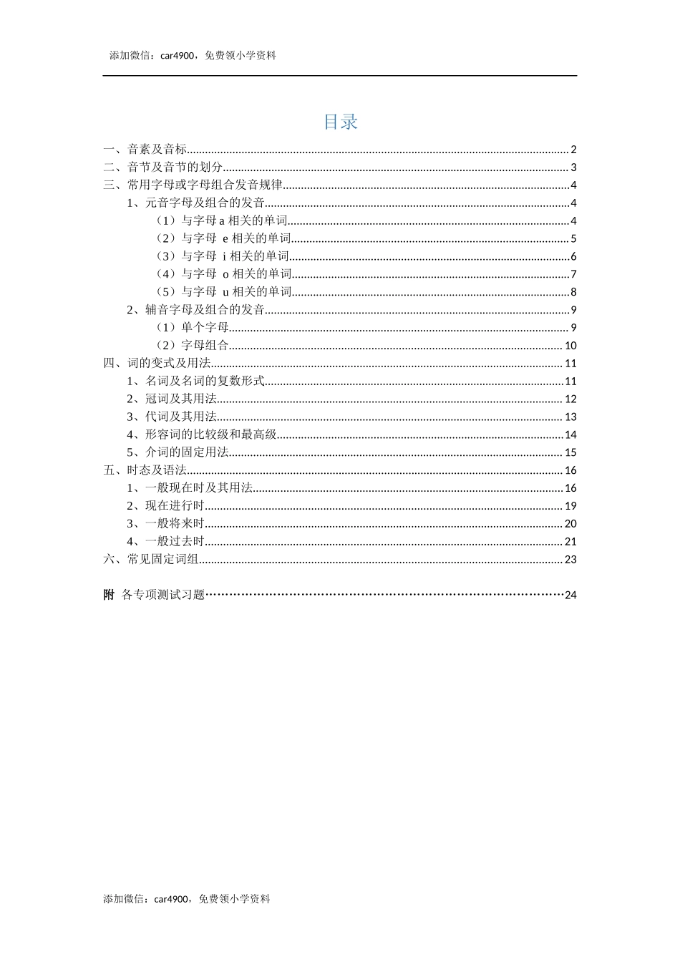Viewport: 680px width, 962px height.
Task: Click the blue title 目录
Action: point(340,122)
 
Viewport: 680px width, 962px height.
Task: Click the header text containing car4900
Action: point(193,56)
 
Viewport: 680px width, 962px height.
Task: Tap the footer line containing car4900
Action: point(187,899)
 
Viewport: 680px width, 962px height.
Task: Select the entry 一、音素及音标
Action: point(145,150)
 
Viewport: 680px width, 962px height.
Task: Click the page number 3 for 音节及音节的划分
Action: point(573,167)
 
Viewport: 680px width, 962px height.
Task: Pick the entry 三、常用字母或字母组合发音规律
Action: point(193,185)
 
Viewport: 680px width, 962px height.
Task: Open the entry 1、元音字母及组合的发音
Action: point(195,203)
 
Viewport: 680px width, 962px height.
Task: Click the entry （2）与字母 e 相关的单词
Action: point(223,238)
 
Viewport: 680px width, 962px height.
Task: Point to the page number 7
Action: point(573,274)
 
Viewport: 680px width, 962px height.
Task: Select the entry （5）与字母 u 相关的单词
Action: point(223,292)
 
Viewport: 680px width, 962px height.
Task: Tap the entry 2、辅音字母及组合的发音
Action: point(195,310)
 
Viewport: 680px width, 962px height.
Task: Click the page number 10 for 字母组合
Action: point(570,346)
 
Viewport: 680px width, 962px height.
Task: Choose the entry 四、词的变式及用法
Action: point(157,364)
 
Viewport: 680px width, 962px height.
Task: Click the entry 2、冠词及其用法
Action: point(172,399)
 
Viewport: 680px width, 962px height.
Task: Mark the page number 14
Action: point(570,434)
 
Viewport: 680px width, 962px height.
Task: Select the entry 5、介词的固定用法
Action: point(178,452)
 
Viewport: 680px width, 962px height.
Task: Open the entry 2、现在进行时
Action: point(165,506)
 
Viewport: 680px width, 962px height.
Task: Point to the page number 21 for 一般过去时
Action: point(570,542)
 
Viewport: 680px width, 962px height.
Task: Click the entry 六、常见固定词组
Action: point(151,560)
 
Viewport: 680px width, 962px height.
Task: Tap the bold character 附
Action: point(109,595)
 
